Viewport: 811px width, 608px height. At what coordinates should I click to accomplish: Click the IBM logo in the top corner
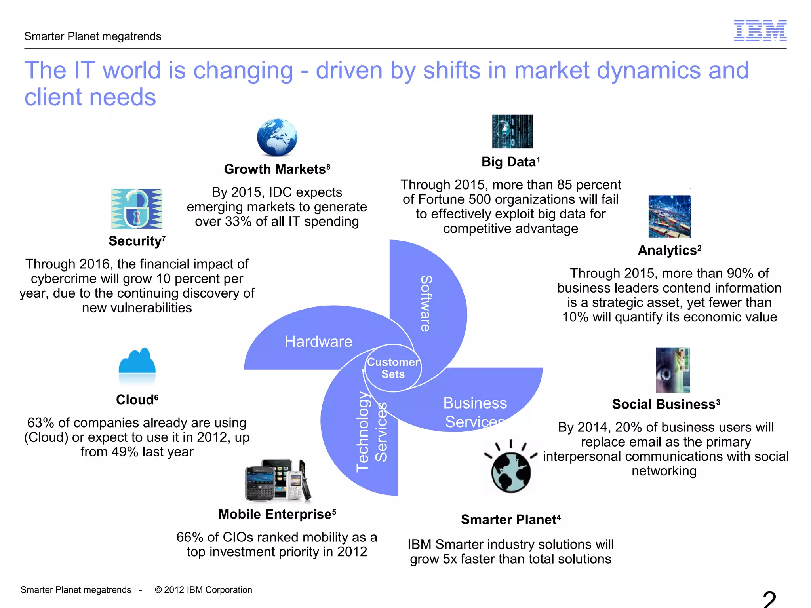760,30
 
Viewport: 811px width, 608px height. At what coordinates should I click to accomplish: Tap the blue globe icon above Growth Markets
277,137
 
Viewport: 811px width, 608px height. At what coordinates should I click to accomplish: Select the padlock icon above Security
137,209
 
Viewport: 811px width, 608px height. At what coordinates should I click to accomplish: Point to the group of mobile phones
278,480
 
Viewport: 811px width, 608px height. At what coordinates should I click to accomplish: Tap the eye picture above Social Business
672,370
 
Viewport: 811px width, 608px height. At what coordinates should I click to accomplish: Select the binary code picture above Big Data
512,131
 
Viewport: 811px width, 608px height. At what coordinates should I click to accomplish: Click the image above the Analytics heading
669,216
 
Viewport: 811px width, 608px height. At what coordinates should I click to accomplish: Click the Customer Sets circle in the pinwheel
393,368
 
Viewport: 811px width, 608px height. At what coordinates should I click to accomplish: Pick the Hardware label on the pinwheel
318,342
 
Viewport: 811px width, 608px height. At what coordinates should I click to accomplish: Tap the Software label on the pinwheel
426,303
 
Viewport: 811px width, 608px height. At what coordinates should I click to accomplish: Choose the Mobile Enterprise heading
277,514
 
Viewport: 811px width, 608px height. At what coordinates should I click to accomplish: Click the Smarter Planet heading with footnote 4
510,520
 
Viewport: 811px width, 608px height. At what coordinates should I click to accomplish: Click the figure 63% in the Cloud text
40,423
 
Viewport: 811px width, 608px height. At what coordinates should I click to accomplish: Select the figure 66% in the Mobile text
190,537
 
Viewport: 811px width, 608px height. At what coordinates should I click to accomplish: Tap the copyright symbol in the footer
158,590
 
